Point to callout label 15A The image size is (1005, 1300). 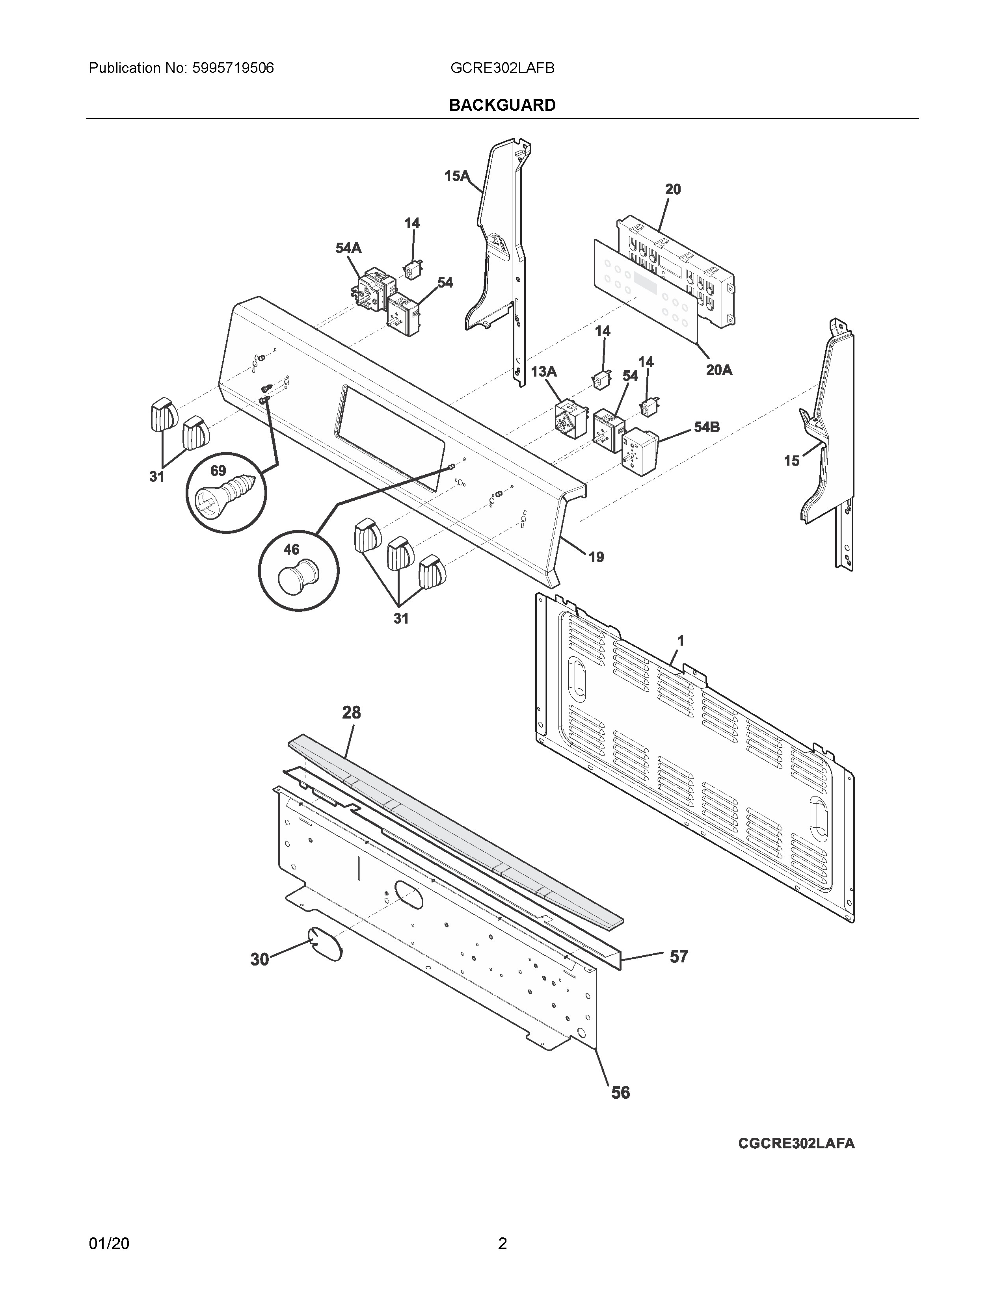click(457, 176)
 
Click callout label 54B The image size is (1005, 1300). click(707, 427)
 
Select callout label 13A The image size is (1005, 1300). click(543, 372)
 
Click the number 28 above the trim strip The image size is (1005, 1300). click(351, 713)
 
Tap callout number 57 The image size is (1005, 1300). click(679, 956)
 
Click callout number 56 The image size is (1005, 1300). click(620, 1093)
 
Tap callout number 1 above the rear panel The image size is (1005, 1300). click(681, 641)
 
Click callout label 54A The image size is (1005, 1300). click(348, 248)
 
